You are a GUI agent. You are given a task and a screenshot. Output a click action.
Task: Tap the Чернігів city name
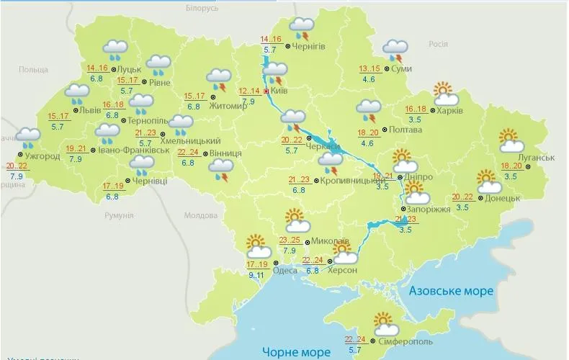310,46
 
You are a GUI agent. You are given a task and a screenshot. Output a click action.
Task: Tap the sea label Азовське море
451,291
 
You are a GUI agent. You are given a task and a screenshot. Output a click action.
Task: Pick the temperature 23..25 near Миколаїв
290,240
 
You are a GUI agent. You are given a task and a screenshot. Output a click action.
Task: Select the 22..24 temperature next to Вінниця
188,153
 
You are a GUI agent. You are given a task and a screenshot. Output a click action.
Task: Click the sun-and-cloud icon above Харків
445,94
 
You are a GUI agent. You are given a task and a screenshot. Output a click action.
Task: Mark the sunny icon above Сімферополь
383,322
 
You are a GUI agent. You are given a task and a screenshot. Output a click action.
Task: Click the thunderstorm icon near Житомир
219,80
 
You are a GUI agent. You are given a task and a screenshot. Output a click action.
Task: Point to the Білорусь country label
201,7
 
